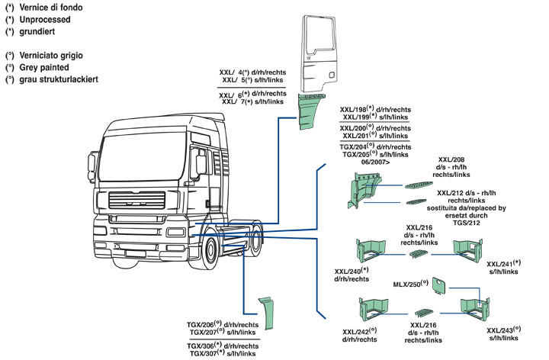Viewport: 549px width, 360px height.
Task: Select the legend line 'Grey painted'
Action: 47,68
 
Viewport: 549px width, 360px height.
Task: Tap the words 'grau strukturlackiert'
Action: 58,80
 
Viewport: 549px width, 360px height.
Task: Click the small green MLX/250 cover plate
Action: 439,285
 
